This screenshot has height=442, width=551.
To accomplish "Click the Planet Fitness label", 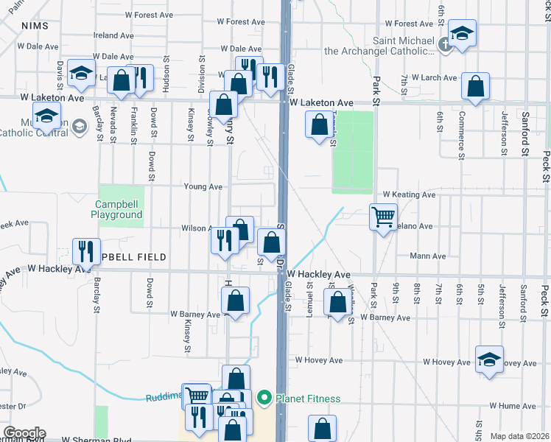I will point(308,399).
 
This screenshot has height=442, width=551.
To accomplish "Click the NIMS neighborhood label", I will point(35,26).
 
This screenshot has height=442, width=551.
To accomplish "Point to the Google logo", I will point(24,432).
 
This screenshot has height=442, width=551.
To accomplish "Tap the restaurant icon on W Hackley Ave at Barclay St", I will point(87,251).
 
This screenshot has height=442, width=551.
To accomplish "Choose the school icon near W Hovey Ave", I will point(489,359).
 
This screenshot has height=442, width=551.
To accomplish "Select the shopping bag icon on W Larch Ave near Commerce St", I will point(475,86).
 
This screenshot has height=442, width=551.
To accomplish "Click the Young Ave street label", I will point(204,187).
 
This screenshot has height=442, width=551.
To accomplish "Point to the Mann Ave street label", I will point(429,256).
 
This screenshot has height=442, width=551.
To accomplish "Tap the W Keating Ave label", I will point(409,194).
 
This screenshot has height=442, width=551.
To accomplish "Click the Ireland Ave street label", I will point(113,35).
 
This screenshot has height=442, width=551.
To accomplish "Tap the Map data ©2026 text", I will point(519,436).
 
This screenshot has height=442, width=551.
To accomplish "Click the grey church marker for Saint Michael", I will point(444,45).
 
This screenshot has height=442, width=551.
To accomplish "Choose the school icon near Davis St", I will point(81,72).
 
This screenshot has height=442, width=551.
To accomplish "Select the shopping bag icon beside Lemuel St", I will point(337,303).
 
